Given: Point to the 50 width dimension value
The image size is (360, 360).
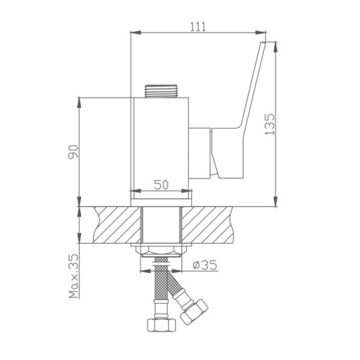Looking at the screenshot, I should (x=161, y=184).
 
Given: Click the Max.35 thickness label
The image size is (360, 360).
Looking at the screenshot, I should (x=73, y=276).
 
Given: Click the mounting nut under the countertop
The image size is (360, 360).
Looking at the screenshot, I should (x=161, y=251).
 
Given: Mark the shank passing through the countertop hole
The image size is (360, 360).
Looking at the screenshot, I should (x=161, y=225).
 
